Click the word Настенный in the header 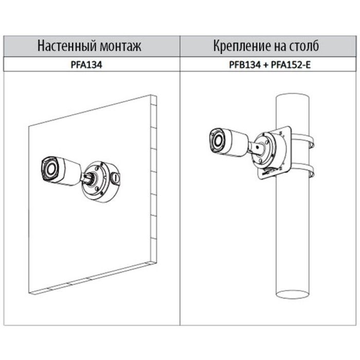coord(66,46)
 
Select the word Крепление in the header coord(240,46)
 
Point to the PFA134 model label coord(86,65)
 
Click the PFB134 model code coord(245,65)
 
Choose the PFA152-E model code coord(291,65)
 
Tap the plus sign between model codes coord(266,65)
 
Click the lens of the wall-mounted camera coord(50,169)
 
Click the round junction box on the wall coord(101,182)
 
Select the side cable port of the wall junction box coord(116,178)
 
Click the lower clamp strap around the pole coord(303,170)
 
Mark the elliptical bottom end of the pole coord(292,295)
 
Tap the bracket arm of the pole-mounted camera coord(256,148)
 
